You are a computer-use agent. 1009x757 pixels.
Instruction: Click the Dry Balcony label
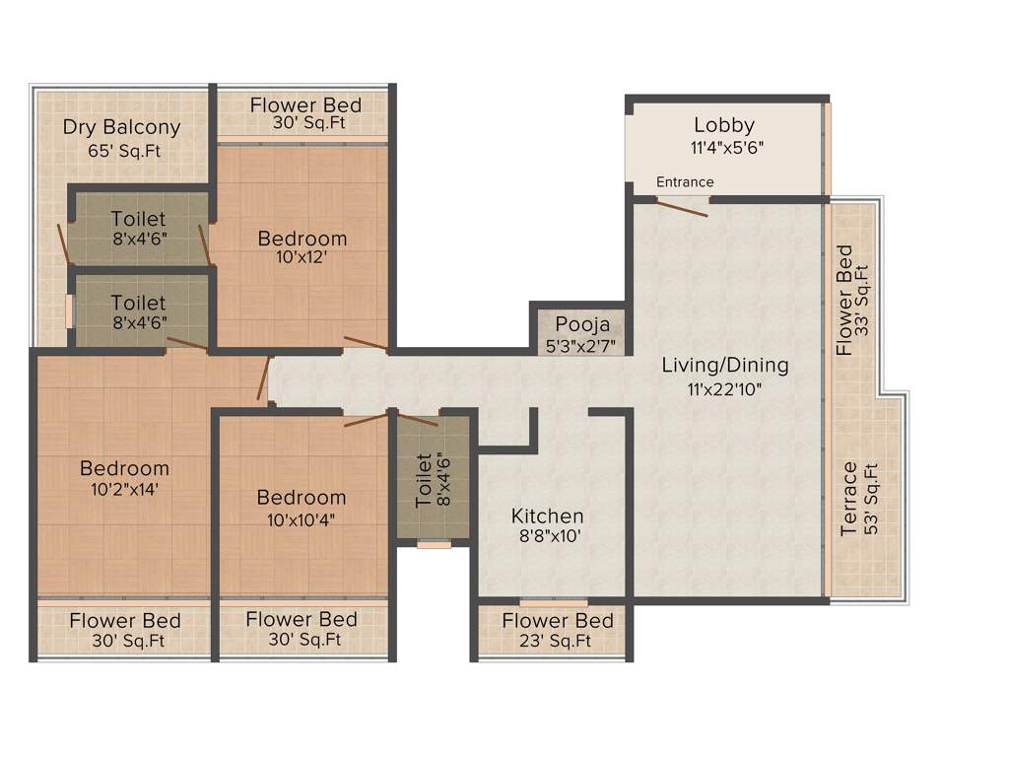(121, 127)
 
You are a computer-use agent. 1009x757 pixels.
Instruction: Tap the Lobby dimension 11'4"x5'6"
(724, 147)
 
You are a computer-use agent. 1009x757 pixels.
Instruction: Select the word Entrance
(685, 182)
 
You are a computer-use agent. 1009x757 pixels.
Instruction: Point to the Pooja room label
(582, 325)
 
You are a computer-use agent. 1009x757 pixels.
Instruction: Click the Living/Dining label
(724, 366)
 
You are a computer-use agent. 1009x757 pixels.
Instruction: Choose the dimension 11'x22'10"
(724, 388)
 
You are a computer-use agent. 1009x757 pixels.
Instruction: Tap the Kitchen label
(547, 516)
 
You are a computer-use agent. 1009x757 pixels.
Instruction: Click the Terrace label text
(849, 500)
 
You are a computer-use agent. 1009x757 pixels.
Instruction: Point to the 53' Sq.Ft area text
(871, 500)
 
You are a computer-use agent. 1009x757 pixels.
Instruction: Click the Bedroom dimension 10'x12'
(303, 258)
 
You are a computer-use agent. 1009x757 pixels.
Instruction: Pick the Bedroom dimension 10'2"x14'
(124, 489)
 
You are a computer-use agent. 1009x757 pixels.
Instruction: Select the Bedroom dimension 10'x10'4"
(302, 519)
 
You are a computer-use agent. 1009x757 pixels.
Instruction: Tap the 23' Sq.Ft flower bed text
(558, 642)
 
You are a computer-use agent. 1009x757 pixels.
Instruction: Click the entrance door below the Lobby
(683, 205)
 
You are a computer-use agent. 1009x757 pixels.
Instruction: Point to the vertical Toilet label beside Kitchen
(425, 480)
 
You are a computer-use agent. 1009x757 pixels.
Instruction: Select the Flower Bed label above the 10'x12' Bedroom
(305, 104)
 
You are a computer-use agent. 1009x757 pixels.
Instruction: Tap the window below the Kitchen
(553, 601)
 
